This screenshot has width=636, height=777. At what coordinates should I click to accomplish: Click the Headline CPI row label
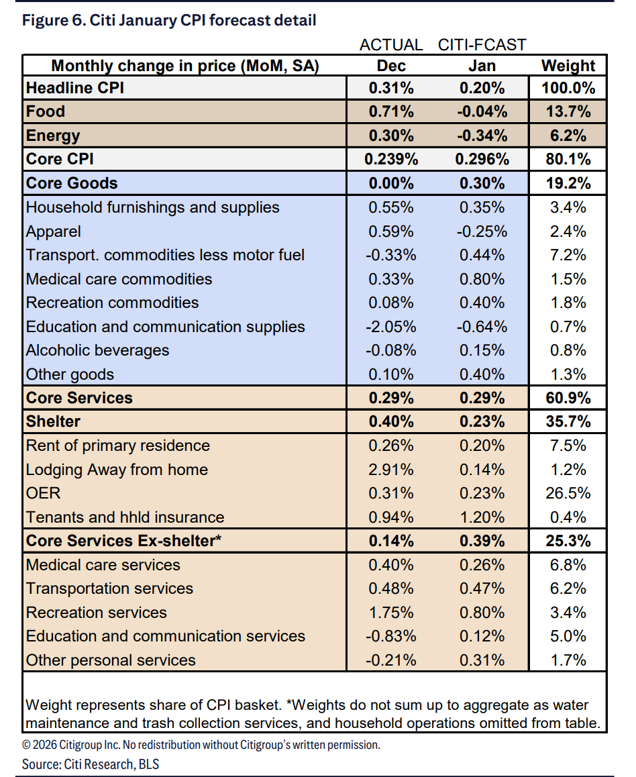(74, 88)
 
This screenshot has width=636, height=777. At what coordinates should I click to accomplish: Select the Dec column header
(391, 65)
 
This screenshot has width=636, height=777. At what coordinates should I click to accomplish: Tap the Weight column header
(568, 65)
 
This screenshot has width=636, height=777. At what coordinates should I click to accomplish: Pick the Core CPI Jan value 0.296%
(482, 160)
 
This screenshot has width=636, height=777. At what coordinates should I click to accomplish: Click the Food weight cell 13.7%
(568, 111)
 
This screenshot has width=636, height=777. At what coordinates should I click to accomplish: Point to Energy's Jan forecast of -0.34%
(482, 136)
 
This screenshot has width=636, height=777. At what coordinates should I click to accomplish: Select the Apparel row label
(54, 231)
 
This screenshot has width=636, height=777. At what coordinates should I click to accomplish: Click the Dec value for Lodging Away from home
(391, 470)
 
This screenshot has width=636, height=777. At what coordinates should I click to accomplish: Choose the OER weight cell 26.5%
(568, 493)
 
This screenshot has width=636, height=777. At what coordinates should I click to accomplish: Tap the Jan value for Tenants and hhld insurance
(482, 517)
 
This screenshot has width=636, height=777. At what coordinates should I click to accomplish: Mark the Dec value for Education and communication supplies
(391, 327)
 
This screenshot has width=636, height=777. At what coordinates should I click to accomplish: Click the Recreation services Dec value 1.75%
(391, 613)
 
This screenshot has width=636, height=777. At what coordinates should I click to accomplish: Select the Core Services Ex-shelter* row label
(123, 541)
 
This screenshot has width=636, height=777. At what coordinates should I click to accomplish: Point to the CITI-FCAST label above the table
(482, 45)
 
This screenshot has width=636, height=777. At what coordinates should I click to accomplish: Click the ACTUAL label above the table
(391, 45)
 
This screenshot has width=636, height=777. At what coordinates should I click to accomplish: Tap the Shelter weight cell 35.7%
(568, 421)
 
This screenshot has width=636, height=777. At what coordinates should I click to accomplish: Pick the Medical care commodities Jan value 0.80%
(482, 279)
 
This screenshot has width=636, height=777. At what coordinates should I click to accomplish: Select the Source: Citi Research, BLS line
(91, 764)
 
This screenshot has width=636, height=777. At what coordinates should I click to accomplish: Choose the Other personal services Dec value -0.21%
(391, 660)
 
